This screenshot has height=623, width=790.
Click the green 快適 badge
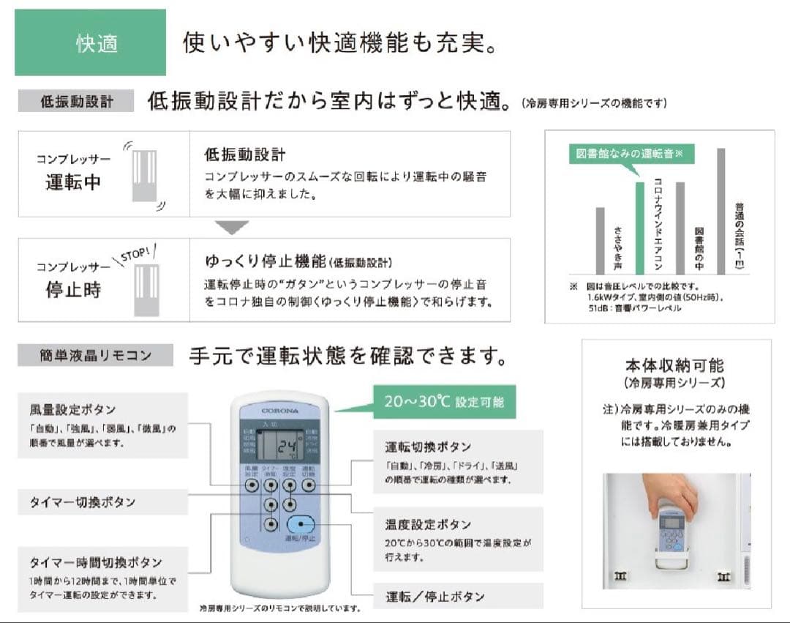pos(90,42)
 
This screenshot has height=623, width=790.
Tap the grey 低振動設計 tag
pos(76,101)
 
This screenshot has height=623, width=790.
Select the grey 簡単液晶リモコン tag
pos(95,356)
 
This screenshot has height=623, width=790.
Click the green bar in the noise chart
pos(639,228)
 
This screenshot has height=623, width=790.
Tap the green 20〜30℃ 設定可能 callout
pos(444,402)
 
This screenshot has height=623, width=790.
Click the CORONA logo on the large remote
pos(279,411)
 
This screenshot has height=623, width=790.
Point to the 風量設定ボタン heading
pos(72,410)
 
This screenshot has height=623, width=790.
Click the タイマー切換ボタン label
pos(83,502)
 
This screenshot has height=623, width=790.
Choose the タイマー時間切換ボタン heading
pos(96,562)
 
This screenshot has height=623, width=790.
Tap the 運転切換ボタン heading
pos(428,447)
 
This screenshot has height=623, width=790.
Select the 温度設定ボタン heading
pos(428,524)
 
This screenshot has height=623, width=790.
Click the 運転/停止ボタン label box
pos(457,596)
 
